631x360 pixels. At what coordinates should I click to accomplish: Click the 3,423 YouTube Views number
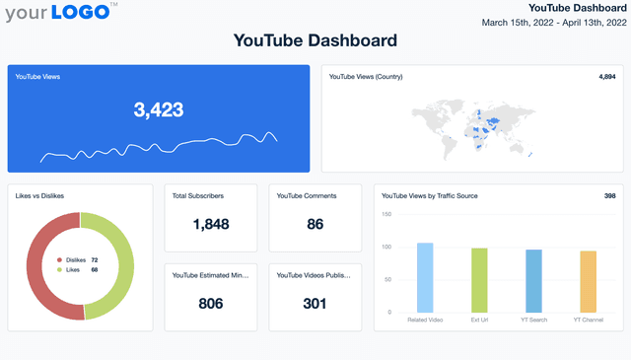pyautogui.click(x=159, y=109)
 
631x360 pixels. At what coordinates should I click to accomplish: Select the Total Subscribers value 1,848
pyautogui.click(x=211, y=224)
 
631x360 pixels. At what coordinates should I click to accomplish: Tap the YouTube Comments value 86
pyautogui.click(x=315, y=224)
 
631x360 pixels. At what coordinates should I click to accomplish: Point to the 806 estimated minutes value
pyautogui.click(x=211, y=304)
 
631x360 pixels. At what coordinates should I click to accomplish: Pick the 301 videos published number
pyautogui.click(x=315, y=304)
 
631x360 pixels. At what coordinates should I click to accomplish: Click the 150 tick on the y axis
pyautogui.click(x=386, y=214)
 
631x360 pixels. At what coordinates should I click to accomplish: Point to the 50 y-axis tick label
pyautogui.click(x=387, y=280)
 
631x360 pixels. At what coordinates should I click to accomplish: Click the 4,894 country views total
pyautogui.click(x=607, y=76)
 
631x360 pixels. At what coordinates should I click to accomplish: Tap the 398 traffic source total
pyautogui.click(x=609, y=196)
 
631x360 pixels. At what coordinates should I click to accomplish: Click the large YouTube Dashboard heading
pyautogui.click(x=315, y=40)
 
